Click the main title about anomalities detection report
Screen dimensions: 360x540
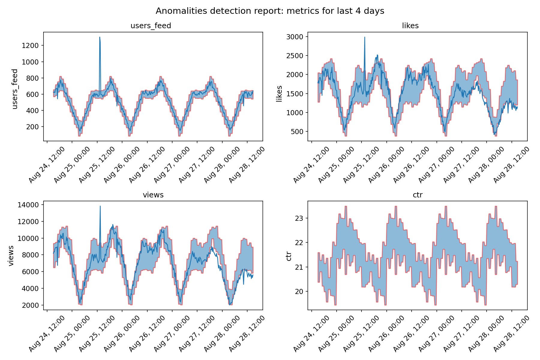point(270,11)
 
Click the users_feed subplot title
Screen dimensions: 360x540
point(151,26)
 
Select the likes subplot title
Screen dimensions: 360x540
point(410,26)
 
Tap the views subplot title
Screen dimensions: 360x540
point(153,195)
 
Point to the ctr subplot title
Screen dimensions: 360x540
point(418,195)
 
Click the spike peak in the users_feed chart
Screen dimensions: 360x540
point(100,37)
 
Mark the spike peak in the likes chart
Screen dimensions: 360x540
point(364,37)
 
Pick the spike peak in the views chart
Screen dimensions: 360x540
point(100,206)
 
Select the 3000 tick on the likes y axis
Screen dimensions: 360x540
point(295,37)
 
